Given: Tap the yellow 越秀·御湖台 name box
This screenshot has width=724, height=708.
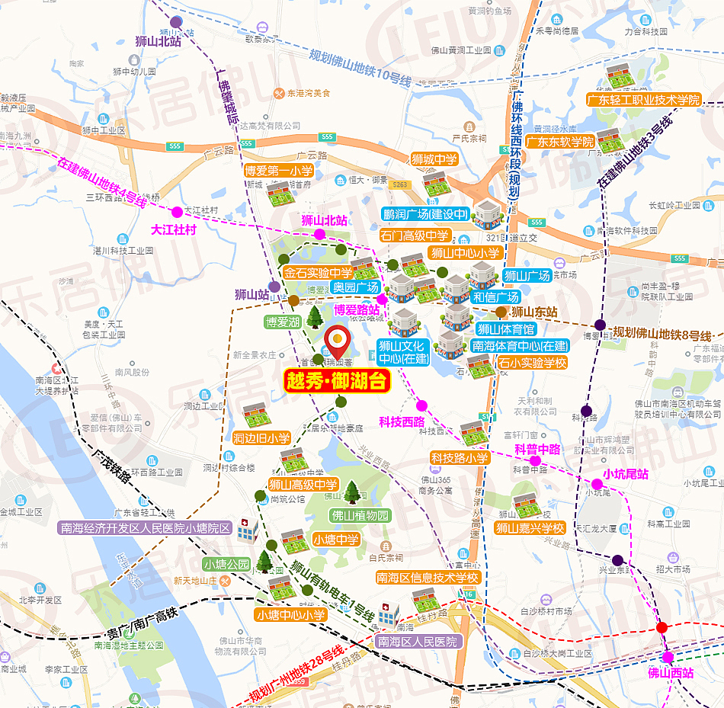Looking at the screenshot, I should pos(337,380).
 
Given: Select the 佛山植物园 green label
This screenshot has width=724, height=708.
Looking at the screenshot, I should pos(360,516).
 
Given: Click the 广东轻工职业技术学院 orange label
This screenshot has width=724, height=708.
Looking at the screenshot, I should pos(643,100).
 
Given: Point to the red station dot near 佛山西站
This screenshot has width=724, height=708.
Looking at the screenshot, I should pos(662,628).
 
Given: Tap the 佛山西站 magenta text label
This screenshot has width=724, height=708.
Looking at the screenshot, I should pos(671,673).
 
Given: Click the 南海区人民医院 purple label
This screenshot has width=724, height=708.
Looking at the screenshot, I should pos(418,642).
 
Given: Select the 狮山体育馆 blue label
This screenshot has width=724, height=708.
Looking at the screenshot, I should pos(506,329).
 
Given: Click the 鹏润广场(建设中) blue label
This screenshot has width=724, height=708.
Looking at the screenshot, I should pos(425,215).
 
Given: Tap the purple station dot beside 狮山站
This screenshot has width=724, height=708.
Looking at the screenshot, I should pos(274,287).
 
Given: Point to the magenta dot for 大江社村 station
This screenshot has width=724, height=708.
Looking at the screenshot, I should pos(177,212).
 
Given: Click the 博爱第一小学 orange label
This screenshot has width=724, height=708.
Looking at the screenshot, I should pos(278,171).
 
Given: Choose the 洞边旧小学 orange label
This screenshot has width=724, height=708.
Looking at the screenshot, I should pos(261,438).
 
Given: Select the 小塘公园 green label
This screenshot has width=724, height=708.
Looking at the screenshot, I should pos(226,565).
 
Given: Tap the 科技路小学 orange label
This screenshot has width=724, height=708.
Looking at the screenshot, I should pos(460,458).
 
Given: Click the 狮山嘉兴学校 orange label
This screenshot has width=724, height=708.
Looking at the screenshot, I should pos(530,527).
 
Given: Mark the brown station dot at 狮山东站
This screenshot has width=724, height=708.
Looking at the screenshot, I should pos(501,312).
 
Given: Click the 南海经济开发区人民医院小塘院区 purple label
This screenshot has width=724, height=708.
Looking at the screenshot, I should pos(146,527).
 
